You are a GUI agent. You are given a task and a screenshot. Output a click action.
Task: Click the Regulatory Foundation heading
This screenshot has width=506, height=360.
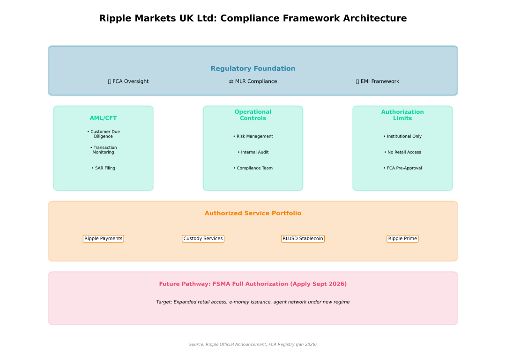tap(253, 69)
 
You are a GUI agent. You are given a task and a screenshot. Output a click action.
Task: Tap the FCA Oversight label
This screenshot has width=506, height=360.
tap(128, 81)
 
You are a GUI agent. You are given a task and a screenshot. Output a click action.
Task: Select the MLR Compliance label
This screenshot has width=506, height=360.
tap(253, 81)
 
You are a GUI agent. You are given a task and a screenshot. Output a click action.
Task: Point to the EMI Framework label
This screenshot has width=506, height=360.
tap(378, 81)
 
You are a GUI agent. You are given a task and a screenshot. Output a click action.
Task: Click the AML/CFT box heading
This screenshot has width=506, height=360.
tap(103, 118)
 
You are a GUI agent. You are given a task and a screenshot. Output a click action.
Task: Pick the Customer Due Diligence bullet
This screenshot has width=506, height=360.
tap(103, 134)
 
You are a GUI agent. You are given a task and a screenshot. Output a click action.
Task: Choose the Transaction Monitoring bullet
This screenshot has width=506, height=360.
tap(103, 150)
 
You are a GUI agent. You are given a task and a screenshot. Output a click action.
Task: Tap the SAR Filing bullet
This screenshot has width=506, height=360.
tap(103, 168)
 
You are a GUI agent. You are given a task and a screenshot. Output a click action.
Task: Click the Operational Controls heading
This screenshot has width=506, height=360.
tap(253, 115)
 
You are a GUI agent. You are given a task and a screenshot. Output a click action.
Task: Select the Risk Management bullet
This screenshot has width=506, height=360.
tap(253, 137)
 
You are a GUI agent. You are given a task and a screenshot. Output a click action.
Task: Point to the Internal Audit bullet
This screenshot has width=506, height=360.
tap(253, 152)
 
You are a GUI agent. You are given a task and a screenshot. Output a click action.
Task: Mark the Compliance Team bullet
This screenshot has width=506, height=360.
tap(253, 168)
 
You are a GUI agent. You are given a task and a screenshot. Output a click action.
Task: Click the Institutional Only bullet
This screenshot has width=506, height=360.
tap(402, 137)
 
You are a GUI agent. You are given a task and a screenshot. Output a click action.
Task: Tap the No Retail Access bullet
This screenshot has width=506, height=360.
tap(402, 152)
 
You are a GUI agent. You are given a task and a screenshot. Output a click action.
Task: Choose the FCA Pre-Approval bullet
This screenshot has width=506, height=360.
tap(402, 168)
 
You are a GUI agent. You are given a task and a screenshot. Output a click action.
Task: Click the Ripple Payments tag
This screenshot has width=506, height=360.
tap(103, 239)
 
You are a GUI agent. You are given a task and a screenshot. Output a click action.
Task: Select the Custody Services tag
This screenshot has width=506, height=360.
tap(203, 239)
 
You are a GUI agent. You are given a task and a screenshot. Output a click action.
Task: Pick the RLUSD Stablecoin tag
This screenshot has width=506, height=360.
tap(303, 239)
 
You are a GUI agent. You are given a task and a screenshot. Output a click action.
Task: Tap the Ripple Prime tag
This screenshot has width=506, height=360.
tap(402, 239)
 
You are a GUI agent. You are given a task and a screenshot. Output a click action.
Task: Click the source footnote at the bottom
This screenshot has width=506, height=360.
tap(253, 345)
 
